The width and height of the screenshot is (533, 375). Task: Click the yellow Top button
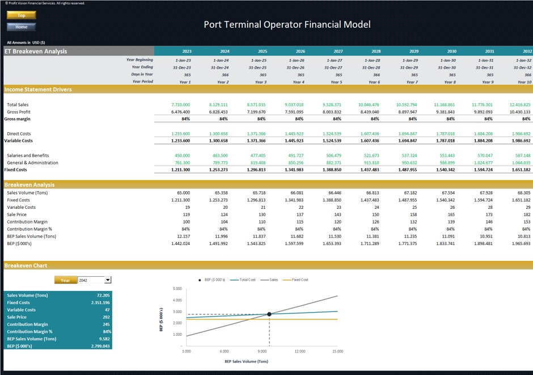tap(22, 15)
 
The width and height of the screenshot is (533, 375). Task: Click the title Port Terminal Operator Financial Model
tap(287, 24)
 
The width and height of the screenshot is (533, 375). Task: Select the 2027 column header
tap(338, 51)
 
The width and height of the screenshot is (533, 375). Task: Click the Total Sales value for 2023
tap(180, 105)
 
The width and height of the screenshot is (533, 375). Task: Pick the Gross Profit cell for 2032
tap(521, 112)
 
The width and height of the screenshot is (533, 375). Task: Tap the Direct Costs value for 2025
tap(256, 133)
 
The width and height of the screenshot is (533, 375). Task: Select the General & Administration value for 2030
tap(446, 163)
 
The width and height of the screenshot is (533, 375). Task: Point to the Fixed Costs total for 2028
tap(369, 170)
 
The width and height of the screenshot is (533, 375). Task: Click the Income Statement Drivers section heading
tap(38, 90)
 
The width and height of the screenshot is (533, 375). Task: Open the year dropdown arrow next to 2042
tap(108, 280)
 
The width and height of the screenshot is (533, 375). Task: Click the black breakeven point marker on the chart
tap(269, 314)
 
